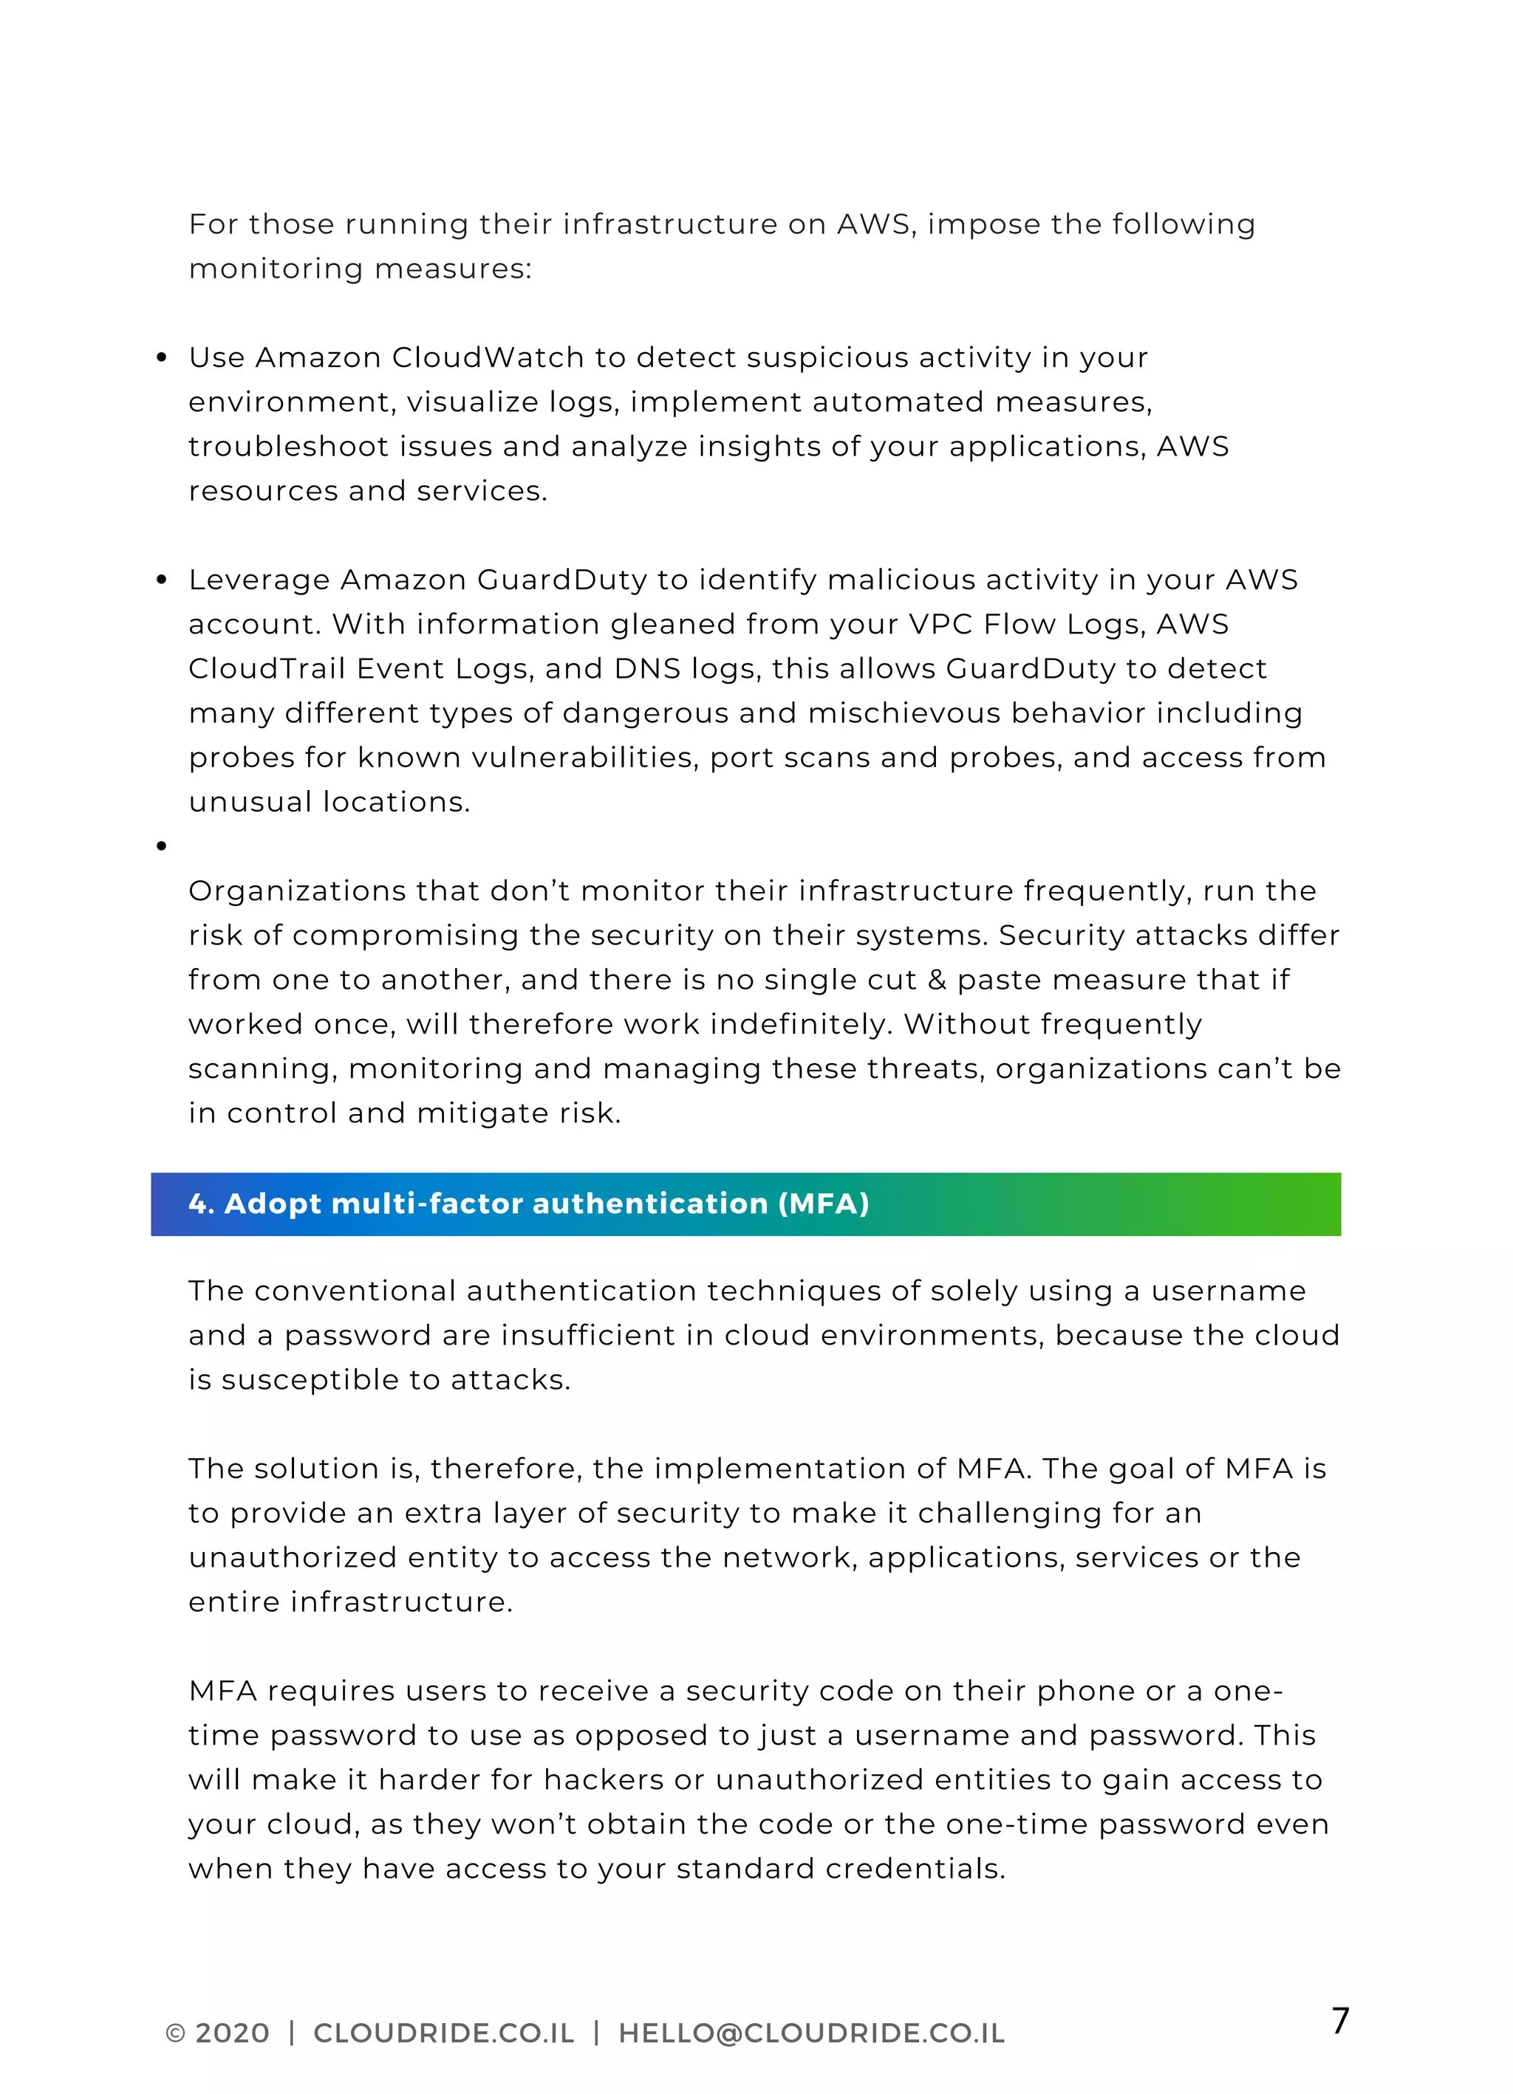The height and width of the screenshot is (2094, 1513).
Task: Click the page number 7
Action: (x=1339, y=2020)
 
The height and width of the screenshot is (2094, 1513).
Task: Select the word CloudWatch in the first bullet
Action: (x=488, y=357)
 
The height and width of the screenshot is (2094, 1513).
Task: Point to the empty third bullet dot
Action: (x=162, y=845)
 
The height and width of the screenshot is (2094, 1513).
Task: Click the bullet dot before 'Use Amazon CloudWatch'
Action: (x=162, y=357)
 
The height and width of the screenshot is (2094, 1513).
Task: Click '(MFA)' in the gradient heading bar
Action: (x=823, y=1204)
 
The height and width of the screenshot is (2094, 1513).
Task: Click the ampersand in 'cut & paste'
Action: (x=937, y=980)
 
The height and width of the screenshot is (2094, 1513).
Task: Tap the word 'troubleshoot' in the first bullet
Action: (x=289, y=447)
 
